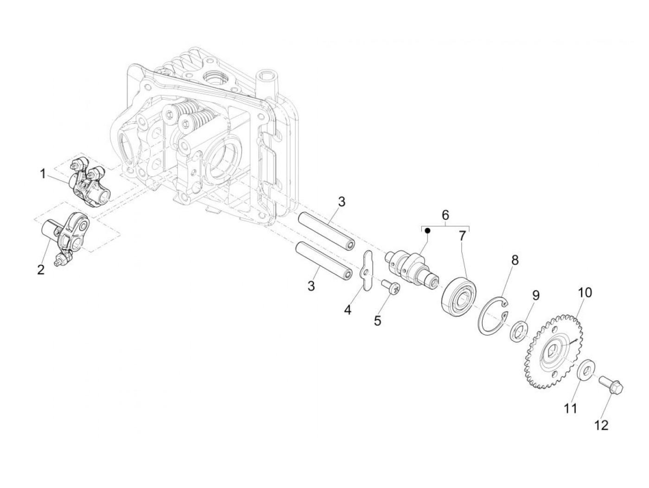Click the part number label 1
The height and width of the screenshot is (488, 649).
43,174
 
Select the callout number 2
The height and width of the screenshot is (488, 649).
41,270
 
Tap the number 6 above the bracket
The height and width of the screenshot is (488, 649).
445,215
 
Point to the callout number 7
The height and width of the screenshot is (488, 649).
462,236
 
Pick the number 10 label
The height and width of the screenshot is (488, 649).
585,293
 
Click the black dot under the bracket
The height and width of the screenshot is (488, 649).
428,230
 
